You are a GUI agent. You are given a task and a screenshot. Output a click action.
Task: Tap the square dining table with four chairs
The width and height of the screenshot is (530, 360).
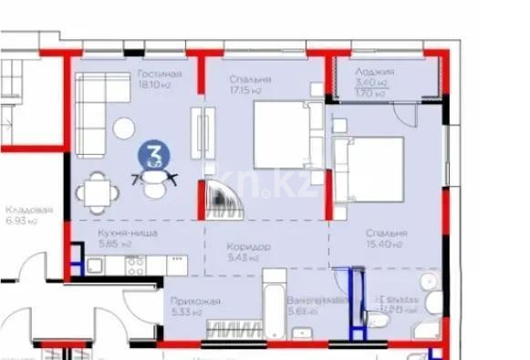click(x=95, y=192)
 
